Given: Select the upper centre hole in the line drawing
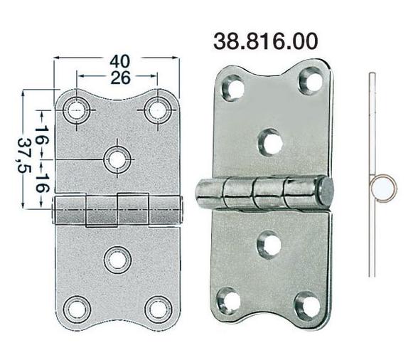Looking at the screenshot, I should pos(117,159).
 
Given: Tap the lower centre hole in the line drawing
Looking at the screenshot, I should pos(117,258).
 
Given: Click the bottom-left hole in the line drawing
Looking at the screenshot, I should pos(76,309).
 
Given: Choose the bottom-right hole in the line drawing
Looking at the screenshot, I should pos(158,309).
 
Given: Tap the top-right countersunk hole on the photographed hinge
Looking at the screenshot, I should pos(310,80).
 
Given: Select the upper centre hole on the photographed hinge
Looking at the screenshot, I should pos(269,141).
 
